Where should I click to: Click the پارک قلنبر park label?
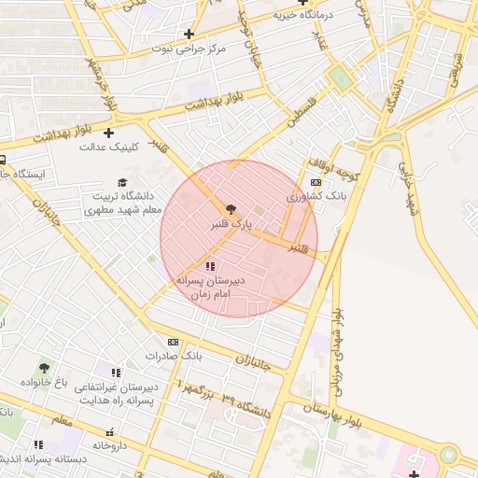click(232, 224)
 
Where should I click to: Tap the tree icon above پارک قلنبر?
click(232, 209)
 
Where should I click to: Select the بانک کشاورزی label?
click(316, 197)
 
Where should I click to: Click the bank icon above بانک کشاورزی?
click(316, 183)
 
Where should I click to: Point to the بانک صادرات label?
click(174, 357)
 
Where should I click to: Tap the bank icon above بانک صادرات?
click(173, 343)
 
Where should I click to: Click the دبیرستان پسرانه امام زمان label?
click(210, 287)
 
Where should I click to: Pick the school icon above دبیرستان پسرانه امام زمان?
click(209, 267)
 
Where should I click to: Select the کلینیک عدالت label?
click(109, 147)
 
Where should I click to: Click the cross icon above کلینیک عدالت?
click(109, 133)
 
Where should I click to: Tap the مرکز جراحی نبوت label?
click(191, 47)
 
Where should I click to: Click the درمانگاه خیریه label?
click(303, 15)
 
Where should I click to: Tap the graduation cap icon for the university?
click(122, 182)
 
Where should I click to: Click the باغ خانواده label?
click(46, 383)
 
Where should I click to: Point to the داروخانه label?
click(109, 445)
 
